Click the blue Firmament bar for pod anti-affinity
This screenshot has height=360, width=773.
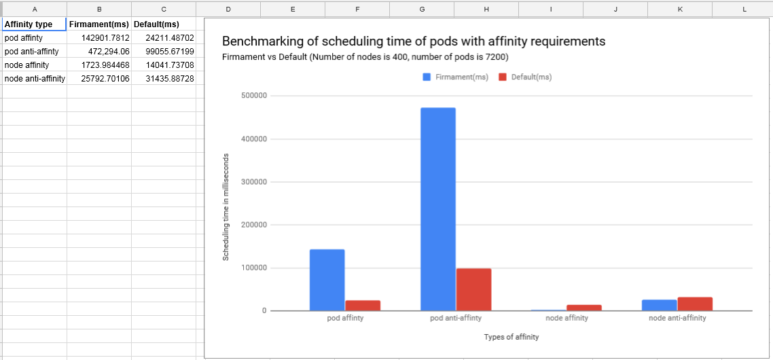[x=437, y=209]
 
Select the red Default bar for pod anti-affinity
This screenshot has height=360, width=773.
[x=473, y=289]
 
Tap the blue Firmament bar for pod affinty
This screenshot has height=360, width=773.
[x=327, y=280]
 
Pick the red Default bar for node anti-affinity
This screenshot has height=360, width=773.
[x=695, y=304]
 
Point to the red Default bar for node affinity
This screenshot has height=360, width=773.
[x=584, y=308]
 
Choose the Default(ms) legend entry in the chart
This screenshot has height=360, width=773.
[x=526, y=77]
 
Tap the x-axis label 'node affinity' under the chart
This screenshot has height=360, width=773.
[x=567, y=318]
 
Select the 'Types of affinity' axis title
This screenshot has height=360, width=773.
[x=511, y=338]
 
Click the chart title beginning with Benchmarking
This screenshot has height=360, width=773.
[x=414, y=41]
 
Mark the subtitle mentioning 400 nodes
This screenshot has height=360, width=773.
[x=365, y=57]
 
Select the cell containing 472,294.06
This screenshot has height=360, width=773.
[x=99, y=51]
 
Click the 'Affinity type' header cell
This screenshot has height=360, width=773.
[x=35, y=24]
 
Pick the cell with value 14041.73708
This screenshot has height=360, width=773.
[x=164, y=65]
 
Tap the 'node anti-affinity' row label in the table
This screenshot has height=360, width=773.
[x=35, y=78]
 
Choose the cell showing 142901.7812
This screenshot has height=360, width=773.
[x=99, y=37]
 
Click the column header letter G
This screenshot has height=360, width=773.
[x=422, y=8]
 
